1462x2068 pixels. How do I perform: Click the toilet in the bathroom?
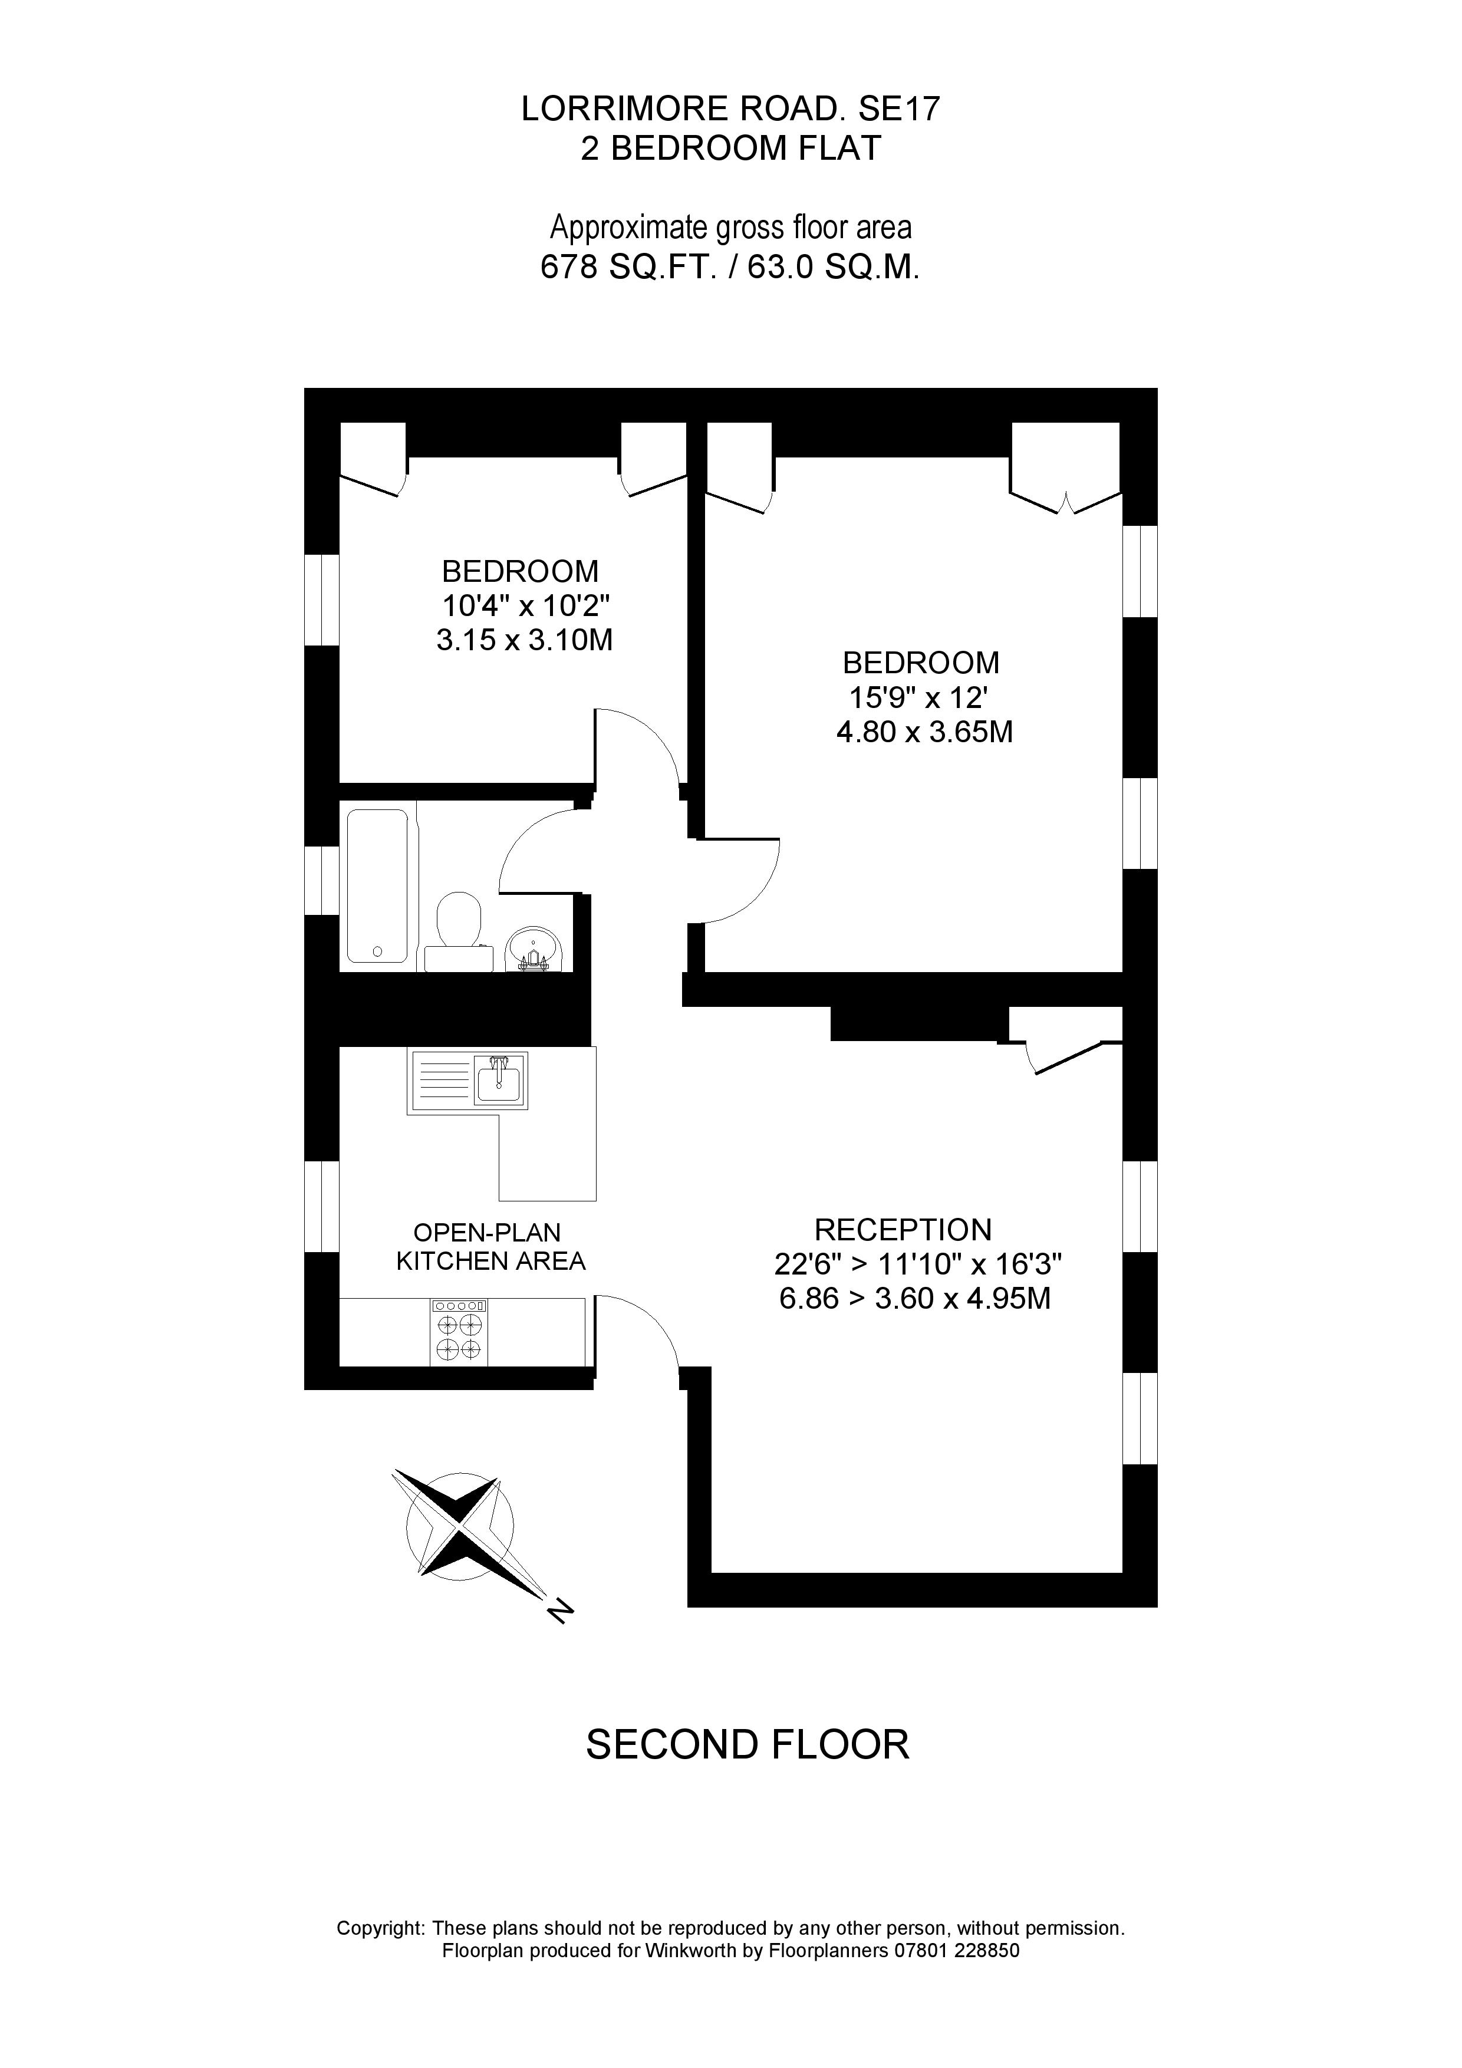[459, 928]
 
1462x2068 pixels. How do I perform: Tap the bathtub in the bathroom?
[377, 886]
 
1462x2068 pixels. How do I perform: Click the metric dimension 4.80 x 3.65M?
[924, 732]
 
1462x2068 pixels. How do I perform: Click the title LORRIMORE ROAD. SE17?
[730, 109]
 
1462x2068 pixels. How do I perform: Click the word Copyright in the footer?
[380, 1928]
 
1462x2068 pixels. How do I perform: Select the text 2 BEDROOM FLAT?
[730, 148]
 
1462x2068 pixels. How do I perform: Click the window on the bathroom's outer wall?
[322, 881]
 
